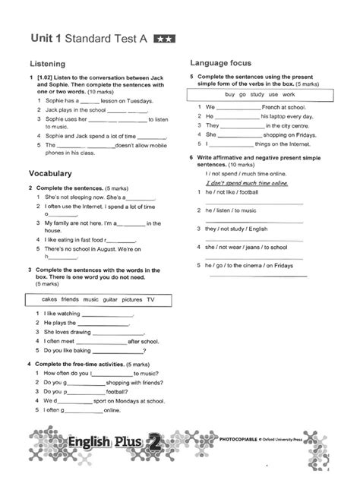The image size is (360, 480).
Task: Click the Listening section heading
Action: pos(46,64)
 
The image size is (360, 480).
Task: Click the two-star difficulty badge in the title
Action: pos(163,37)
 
